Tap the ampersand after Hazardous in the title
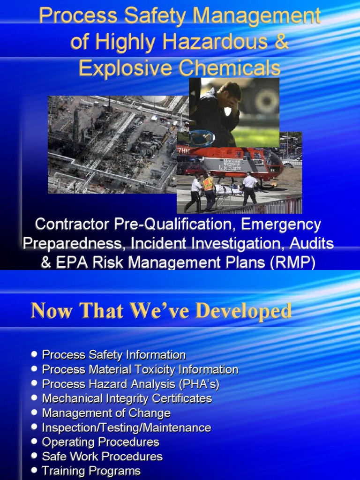click(x=280, y=42)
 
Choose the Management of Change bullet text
click(x=106, y=413)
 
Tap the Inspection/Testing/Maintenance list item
click(x=127, y=427)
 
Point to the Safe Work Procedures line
click(x=102, y=457)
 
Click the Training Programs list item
click(x=91, y=471)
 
